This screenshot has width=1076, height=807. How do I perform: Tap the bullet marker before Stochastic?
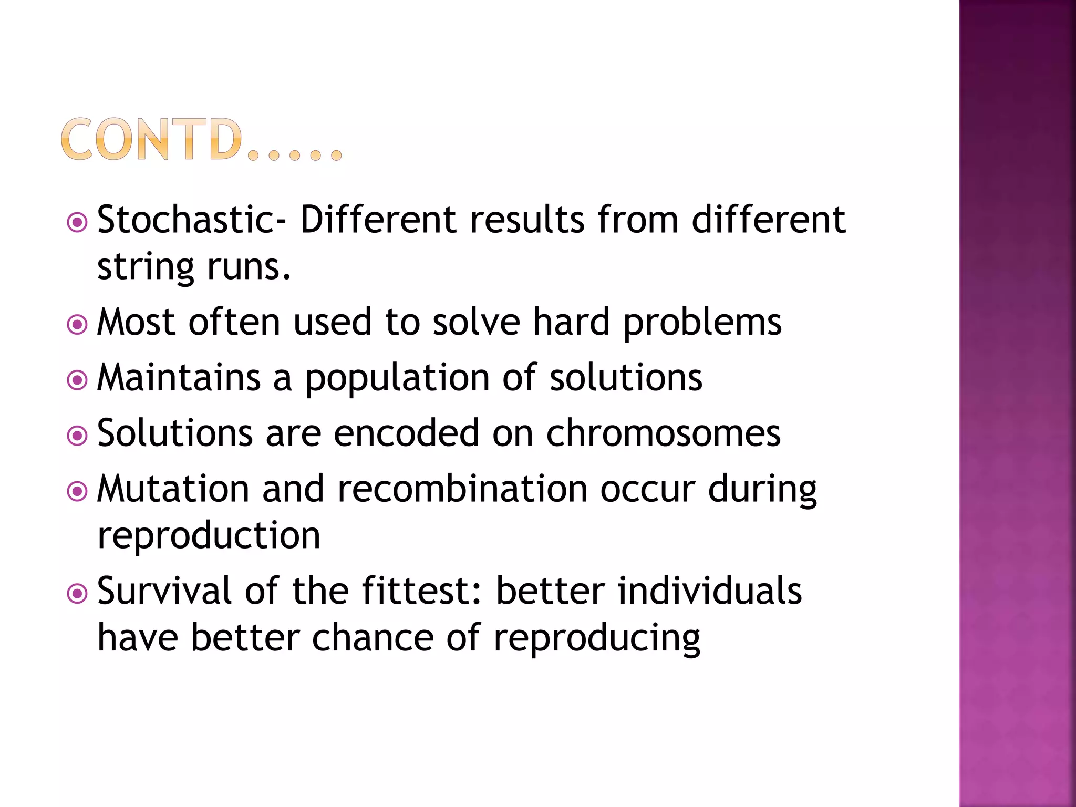(77, 223)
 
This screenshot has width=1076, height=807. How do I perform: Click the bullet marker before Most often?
(77, 325)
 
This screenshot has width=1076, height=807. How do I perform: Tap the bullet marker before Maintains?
(77, 380)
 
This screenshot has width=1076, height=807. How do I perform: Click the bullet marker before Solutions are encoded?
(77, 436)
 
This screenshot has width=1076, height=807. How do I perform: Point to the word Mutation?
(173, 489)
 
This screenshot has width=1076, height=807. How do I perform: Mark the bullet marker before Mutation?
(77, 492)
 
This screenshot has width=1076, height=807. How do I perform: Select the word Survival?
(164, 591)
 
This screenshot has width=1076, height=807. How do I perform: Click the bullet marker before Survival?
(77, 594)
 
